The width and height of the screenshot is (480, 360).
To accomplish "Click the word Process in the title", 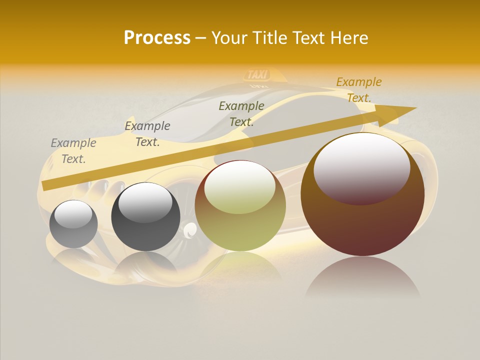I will pos(157,38).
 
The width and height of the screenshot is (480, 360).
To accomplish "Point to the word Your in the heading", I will pos(230,38).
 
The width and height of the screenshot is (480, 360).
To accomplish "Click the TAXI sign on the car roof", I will pos(258,75).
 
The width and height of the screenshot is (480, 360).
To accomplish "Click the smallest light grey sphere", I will pos(73,224).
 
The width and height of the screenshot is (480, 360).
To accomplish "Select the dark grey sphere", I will pos(145,217).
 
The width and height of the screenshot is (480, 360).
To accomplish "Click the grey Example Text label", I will pos(73,151).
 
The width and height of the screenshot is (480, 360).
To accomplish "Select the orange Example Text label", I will pos(359,90).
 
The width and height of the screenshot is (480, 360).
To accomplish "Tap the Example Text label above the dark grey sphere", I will pos(147,134).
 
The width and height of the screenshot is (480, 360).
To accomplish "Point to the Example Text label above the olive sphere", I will pos(241,114).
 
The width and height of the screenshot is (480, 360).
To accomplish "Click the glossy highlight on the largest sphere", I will pos(362,167).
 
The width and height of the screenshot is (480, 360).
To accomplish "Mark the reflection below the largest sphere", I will pos(362,277).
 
